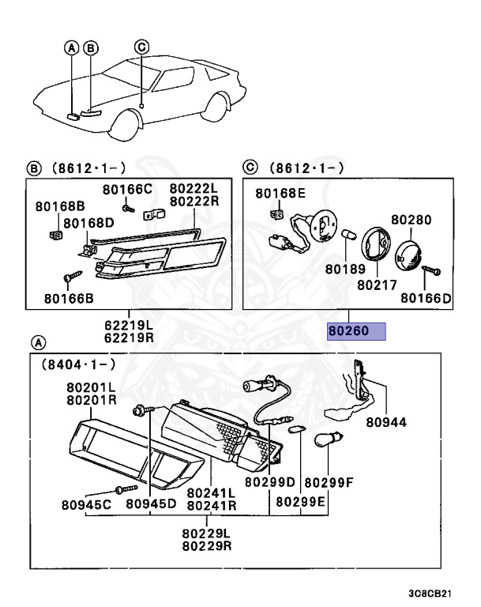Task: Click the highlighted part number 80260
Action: [x=356, y=330]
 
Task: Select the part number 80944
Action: [x=386, y=422]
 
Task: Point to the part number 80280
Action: [x=411, y=219]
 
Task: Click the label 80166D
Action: [x=426, y=298]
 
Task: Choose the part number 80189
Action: [x=346, y=269]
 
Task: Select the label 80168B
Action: [x=54, y=207]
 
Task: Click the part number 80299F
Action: [x=329, y=482]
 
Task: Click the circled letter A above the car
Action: [x=72, y=48]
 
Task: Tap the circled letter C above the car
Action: [x=141, y=47]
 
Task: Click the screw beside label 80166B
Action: [x=70, y=278]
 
